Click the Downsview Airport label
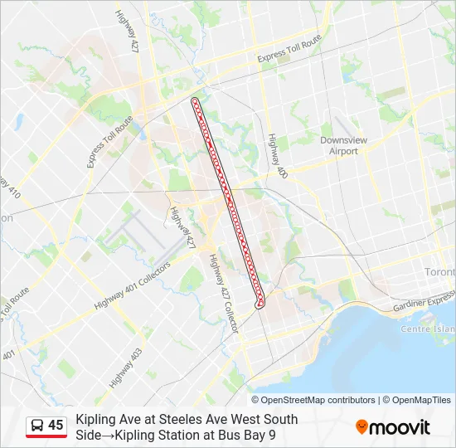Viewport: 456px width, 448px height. (x=343, y=146)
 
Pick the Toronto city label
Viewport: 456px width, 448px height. (x=439, y=272)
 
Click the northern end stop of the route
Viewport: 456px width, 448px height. (x=195, y=101)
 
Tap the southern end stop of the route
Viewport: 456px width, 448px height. (x=260, y=304)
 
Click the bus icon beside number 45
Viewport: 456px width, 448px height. (x=37, y=426)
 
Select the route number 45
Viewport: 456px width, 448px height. (x=56, y=426)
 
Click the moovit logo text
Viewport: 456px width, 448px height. (x=400, y=427)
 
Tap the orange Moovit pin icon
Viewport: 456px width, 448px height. (x=361, y=427)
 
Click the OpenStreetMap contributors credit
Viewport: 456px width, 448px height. (x=319, y=400)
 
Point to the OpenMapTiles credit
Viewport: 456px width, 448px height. (x=421, y=400)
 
